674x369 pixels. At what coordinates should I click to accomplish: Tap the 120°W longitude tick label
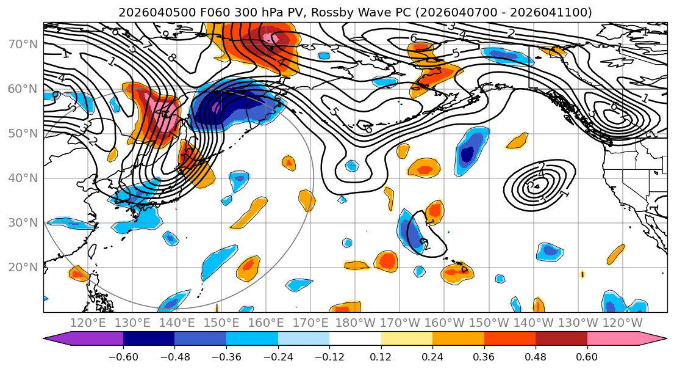click(622, 323)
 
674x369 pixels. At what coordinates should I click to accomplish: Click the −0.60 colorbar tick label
click(123, 356)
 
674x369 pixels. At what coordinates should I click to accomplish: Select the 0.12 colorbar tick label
click(381, 356)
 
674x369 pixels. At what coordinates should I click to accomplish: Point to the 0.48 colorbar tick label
click(536, 356)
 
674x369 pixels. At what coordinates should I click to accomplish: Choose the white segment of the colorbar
click(355, 340)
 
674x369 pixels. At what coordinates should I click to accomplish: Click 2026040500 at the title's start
click(148, 13)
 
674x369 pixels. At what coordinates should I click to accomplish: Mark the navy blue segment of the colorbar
click(149, 340)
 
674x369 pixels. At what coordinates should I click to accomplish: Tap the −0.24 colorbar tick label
click(278, 356)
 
